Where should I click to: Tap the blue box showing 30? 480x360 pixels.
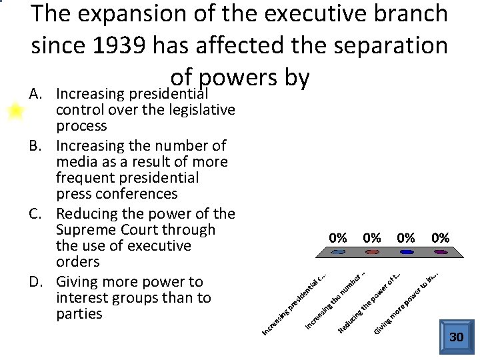pos(456,337)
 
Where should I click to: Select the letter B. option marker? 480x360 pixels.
pos(37,146)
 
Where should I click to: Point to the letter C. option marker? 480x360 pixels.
pos(37,214)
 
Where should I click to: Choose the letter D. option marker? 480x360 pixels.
pos(37,282)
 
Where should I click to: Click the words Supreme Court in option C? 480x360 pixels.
pos(136,230)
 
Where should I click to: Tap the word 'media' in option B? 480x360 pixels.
pos(77,162)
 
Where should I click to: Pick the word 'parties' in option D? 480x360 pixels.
pos(80,314)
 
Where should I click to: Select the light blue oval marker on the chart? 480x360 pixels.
pos(339,252)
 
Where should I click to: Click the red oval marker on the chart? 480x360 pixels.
pos(372,252)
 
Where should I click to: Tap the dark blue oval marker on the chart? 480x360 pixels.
pos(406,252)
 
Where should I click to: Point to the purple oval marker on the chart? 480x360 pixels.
pos(440,252)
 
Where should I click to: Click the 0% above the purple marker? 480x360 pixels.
pos(440,238)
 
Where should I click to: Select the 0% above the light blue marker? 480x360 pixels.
pos(339,238)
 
